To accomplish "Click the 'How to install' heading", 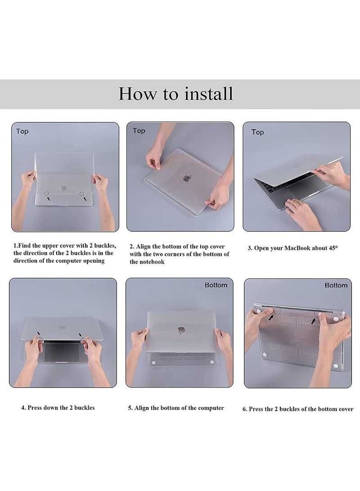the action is (x=175, y=94).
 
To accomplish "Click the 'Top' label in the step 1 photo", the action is (x=22, y=131).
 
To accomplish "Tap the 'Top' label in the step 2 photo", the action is (x=139, y=131).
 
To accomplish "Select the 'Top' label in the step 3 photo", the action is (x=258, y=132).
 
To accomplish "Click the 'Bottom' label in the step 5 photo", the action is (x=216, y=285).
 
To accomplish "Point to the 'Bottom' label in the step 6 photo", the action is (x=336, y=285).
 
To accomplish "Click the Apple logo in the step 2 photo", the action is (x=187, y=179).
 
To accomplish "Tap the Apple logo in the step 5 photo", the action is (x=180, y=330).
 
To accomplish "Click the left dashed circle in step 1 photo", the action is (x=46, y=194).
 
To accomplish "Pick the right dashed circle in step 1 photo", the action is (x=82, y=194).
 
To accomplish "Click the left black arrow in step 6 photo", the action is (x=271, y=317).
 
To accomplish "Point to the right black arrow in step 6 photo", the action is (x=313, y=321).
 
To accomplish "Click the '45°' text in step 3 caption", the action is (x=333, y=248).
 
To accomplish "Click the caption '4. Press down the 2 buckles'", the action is (x=58, y=408).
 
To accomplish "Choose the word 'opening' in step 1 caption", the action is (x=93, y=261).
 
